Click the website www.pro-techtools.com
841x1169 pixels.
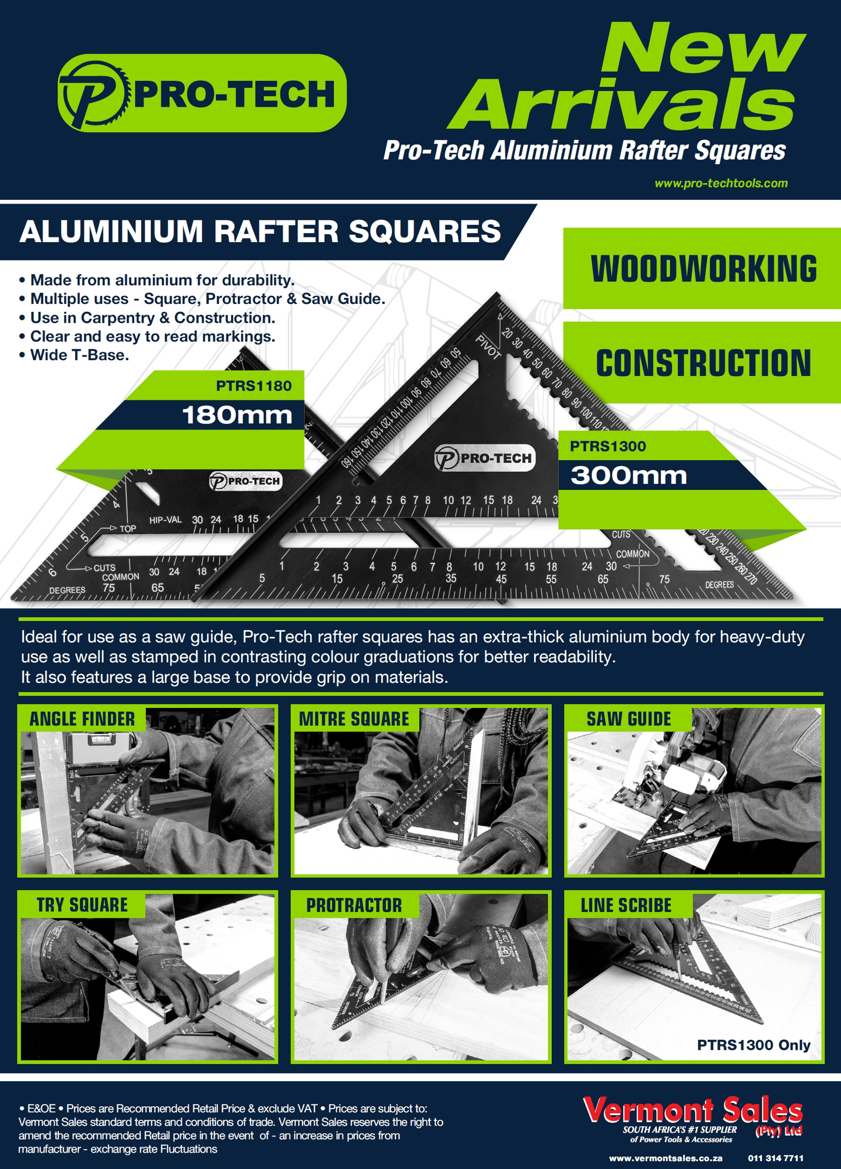(x=720, y=183)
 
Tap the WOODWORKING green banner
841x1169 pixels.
(x=703, y=268)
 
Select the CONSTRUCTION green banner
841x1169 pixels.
(x=703, y=362)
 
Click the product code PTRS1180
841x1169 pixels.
(x=253, y=386)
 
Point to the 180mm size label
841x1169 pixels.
(x=237, y=415)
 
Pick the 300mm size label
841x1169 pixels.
(x=628, y=475)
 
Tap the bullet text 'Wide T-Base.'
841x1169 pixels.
(x=79, y=354)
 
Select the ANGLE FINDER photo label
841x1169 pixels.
(x=82, y=719)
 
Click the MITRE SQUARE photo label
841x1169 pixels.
(x=354, y=719)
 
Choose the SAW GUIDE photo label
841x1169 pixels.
(x=628, y=719)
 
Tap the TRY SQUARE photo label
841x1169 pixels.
(x=82, y=905)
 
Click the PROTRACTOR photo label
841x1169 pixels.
(x=354, y=905)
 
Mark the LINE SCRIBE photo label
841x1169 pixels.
(x=626, y=905)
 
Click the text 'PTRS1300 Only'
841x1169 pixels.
(x=753, y=1045)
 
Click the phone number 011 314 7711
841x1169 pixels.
(x=775, y=1158)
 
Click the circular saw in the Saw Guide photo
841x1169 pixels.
(x=670, y=773)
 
